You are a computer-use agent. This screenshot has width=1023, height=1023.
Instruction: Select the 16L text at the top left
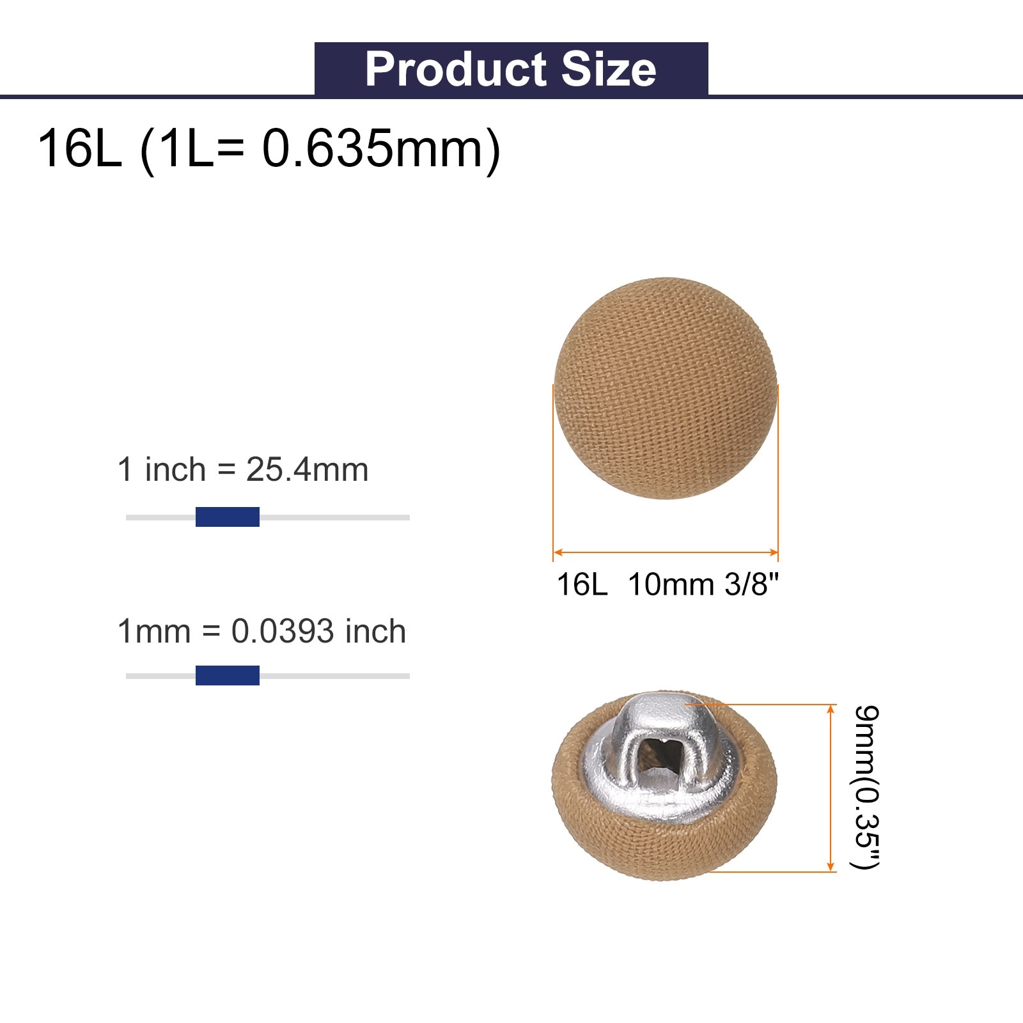click(79, 148)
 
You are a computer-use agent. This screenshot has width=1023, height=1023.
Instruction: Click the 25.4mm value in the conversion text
click(307, 470)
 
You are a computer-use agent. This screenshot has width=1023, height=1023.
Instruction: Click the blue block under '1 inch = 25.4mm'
click(228, 517)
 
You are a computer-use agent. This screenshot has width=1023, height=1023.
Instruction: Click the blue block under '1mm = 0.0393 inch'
click(228, 675)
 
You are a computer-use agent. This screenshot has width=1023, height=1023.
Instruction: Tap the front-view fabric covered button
click(666, 388)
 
